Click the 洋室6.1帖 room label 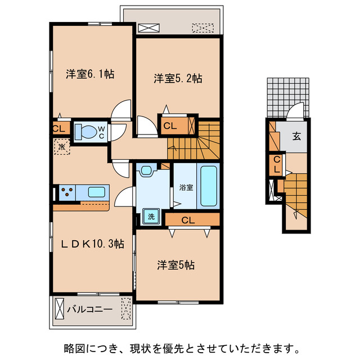[90, 74]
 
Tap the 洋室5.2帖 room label [178, 79]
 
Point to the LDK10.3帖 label [93, 243]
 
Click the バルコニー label [90, 309]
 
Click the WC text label [102, 132]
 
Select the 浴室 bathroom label [186, 187]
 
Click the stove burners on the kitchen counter [67, 192]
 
